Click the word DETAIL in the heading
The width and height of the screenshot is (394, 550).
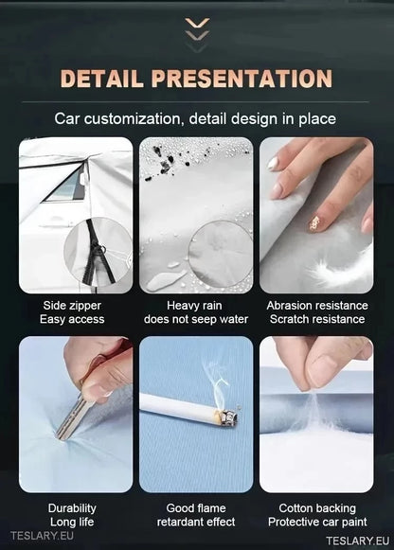tap(102, 79)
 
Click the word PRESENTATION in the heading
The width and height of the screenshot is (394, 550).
tap(242, 79)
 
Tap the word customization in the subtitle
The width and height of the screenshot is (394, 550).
tap(133, 119)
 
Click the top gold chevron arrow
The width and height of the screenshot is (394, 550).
tap(197, 23)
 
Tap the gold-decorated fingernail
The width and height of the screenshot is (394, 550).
tap(314, 223)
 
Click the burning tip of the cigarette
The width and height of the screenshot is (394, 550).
tap(228, 417)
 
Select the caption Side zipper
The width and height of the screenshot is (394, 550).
tap(72, 306)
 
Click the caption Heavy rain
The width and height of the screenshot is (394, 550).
tap(194, 306)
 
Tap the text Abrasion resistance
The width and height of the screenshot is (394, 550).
tap(317, 306)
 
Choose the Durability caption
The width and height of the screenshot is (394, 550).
tap(72, 508)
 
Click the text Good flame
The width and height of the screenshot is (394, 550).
tap(196, 508)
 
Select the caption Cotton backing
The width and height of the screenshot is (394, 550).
tap(317, 508)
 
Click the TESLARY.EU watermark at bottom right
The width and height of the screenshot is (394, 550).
tap(358, 541)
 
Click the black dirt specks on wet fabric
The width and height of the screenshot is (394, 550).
tap(162, 162)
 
